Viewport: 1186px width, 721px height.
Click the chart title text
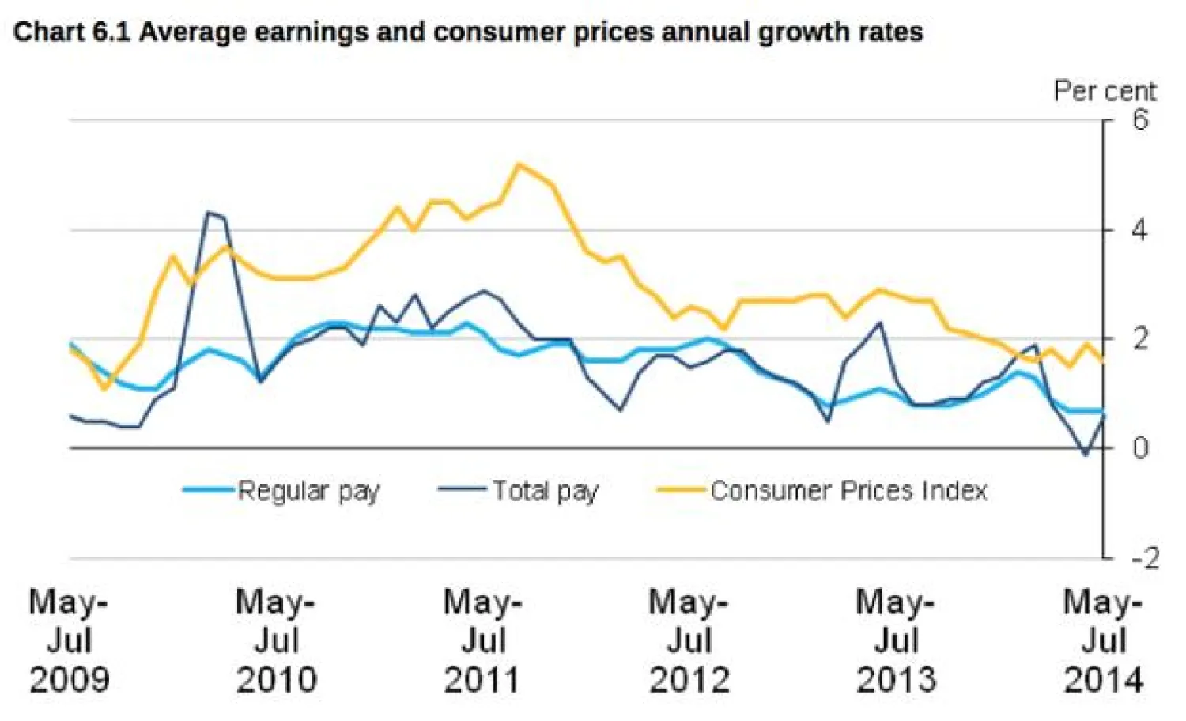point(468,32)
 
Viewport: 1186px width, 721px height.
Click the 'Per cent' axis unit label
point(1104,91)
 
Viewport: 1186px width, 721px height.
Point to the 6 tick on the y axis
point(1139,120)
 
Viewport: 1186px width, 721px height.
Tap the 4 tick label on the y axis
point(1139,230)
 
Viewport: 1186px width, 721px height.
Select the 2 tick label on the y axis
point(1139,339)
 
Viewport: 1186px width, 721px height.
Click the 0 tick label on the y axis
point(1139,448)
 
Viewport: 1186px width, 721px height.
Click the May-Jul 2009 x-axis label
point(69,640)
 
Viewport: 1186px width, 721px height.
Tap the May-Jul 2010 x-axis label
point(276,640)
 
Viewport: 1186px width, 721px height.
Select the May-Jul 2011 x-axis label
point(482,640)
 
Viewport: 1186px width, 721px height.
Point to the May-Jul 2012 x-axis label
point(689,640)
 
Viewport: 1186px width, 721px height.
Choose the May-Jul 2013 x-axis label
point(896,640)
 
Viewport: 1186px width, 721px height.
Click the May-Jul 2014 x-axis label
point(1103,640)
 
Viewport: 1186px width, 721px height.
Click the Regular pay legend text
point(308,491)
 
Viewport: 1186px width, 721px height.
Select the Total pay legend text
point(546,491)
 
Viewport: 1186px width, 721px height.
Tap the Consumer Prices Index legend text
point(848,491)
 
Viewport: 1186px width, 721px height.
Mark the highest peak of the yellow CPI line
point(518,164)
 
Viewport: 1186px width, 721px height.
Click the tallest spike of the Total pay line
point(208,213)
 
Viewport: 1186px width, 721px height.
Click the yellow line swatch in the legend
point(680,490)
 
